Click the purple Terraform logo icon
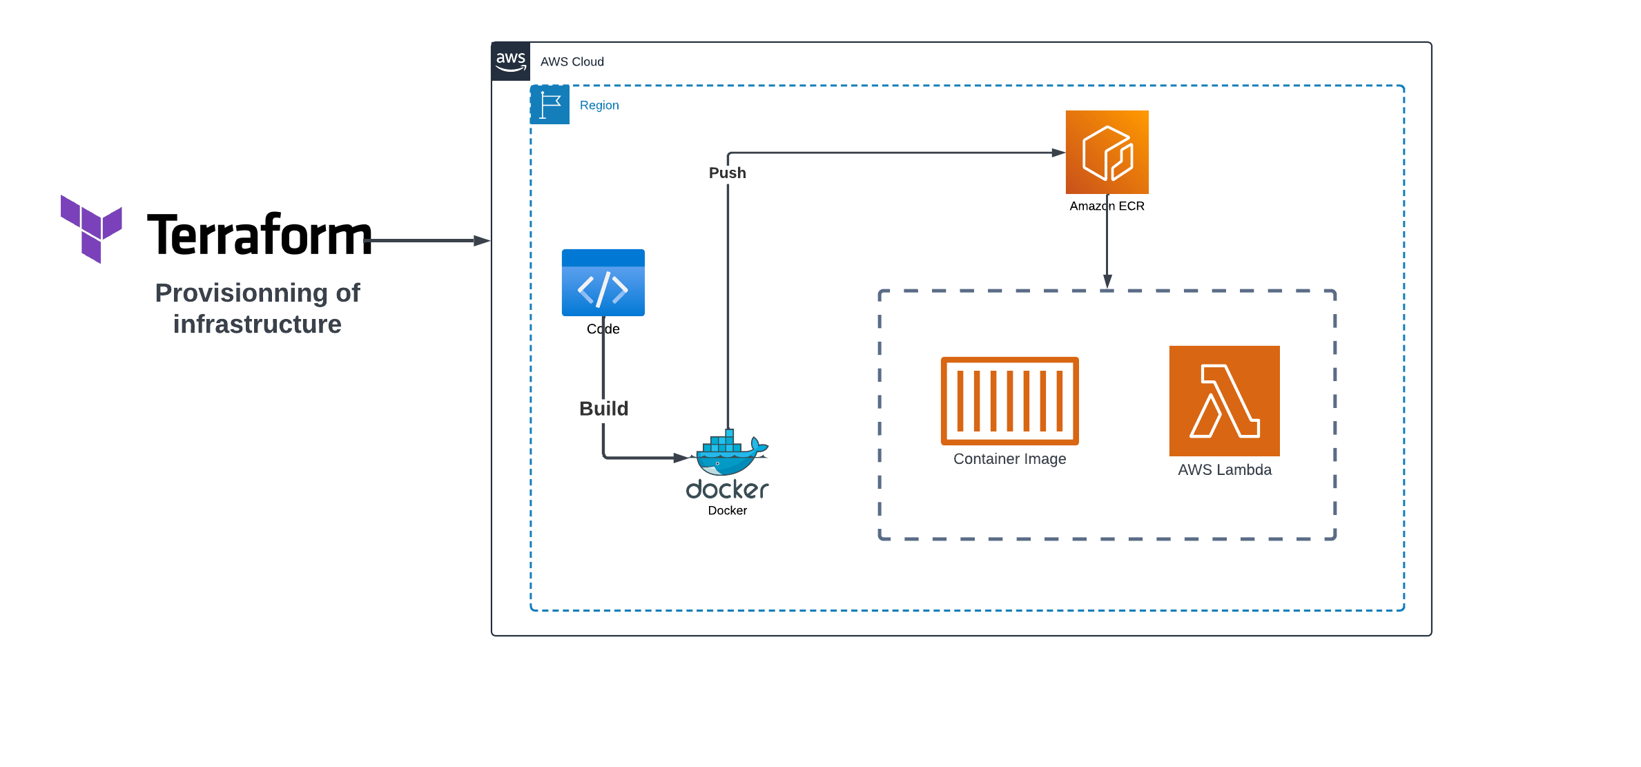[90, 229]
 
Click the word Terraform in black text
[259, 235]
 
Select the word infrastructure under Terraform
[257, 324]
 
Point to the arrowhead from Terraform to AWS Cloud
[482, 241]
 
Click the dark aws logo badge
[511, 61]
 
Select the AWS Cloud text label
[572, 62]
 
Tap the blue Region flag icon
[550, 105]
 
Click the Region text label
[599, 106]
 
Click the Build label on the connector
[603, 409]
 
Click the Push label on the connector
[727, 173]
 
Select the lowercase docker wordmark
[726, 489]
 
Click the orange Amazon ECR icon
[1107, 152]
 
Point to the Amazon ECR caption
[1107, 206]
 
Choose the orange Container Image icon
[1009, 401]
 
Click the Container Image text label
[1009, 459]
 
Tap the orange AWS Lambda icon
[1224, 401]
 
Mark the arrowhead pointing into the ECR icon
[1058, 153]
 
